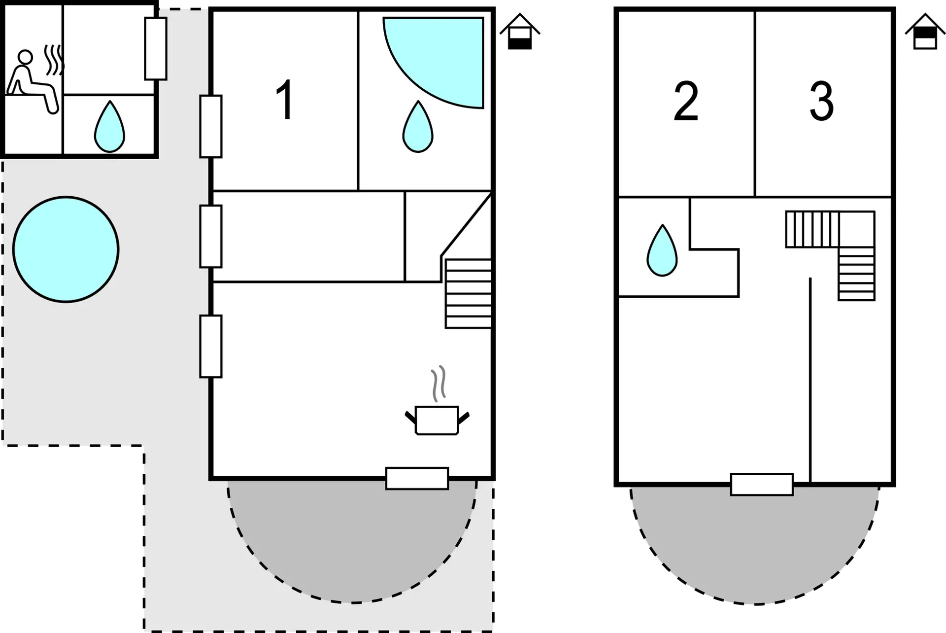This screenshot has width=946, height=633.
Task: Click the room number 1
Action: tap(285, 100)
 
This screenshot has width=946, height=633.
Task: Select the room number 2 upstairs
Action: tap(686, 102)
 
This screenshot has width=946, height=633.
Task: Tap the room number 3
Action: tap(821, 102)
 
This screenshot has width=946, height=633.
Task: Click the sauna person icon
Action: tap(33, 82)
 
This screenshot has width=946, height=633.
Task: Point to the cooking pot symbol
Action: tap(437, 420)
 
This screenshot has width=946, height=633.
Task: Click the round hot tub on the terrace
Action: tap(66, 249)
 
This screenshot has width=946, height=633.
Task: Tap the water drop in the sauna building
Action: tap(109, 127)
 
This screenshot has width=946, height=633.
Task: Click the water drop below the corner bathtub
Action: tap(418, 127)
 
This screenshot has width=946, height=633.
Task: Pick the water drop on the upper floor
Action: tap(662, 250)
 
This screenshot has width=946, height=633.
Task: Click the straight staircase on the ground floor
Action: tap(468, 293)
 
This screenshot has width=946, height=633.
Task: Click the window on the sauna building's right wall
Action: tap(156, 48)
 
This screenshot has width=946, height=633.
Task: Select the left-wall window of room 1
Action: tap(211, 126)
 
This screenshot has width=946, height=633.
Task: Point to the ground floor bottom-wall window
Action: tap(417, 478)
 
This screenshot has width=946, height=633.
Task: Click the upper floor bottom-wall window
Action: tap(762, 484)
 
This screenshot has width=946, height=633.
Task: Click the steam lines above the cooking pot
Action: tap(439, 384)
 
